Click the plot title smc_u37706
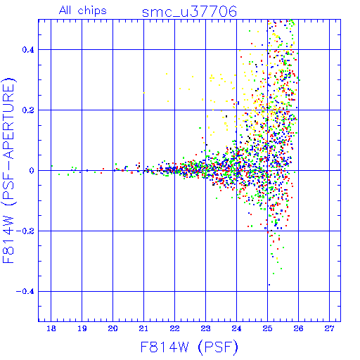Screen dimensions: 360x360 pos(189,12)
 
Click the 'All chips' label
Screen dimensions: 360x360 pos(83,11)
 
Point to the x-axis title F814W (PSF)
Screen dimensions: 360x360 pos(189,347)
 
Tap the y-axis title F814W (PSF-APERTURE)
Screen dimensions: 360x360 pos(8,170)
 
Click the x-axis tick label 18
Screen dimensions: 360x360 pos(51,329)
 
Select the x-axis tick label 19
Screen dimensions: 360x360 pos(82,329)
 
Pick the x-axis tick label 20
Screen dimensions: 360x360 pos(112,329)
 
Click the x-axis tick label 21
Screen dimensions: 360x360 pos(143,329)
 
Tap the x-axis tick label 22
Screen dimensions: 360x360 pos(174,329)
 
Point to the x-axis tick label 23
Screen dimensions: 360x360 pos(205,329)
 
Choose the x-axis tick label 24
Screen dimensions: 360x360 pos(236,329)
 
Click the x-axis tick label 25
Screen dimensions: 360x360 pos(267,329)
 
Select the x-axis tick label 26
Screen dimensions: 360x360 pos(298,329)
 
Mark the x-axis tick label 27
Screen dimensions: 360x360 pos(329,329)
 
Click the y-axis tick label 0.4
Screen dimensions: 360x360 pos(28,50)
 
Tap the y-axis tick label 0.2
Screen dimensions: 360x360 pos(28,110)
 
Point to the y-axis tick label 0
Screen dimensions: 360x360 pos(32,171)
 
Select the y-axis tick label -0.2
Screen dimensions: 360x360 pos(25,231)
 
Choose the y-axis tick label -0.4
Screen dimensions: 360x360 pos(25,292)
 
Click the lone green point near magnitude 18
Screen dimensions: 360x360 pos(52,166)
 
